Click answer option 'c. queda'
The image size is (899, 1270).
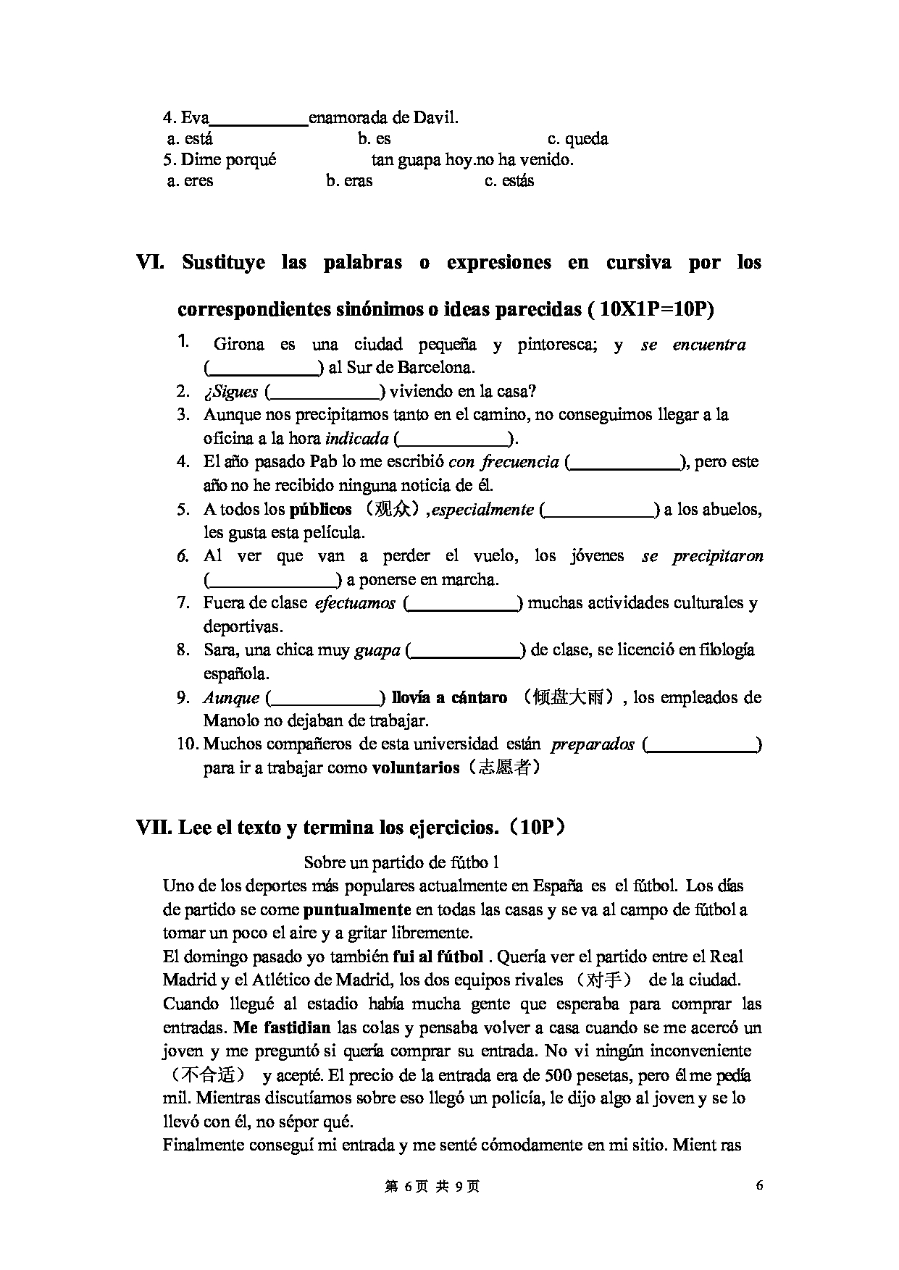pos(577,139)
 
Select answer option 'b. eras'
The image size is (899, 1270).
pos(349,181)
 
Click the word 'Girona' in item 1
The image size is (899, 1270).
pos(239,345)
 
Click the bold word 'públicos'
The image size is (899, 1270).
pos(320,510)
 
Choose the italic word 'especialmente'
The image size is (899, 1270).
pos(482,510)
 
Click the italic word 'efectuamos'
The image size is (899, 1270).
pos(355,603)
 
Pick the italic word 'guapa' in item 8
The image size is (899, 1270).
pos(377,651)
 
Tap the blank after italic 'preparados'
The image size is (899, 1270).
pos(702,745)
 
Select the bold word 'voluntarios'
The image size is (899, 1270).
pos(415,768)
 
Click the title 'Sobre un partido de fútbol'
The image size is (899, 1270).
pos(401,862)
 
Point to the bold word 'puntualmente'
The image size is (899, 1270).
pos(357,909)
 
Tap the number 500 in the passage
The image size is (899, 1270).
pos(559,1075)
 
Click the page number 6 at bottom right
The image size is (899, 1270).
pos(759,1185)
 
